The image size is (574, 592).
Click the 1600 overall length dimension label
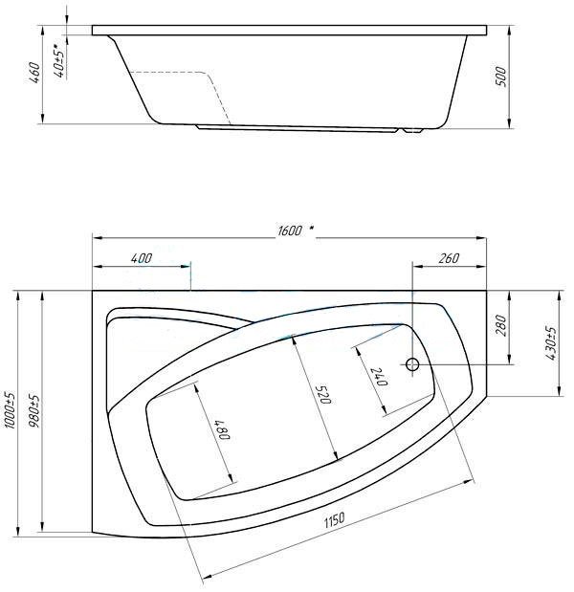290,230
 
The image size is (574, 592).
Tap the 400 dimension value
142,258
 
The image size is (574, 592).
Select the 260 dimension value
449,258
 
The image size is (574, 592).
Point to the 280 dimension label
500,326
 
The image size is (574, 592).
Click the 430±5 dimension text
551,343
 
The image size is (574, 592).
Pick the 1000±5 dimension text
11,410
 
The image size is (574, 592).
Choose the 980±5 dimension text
34,411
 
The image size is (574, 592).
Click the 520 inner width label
323,395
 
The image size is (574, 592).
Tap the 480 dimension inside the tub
223,430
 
